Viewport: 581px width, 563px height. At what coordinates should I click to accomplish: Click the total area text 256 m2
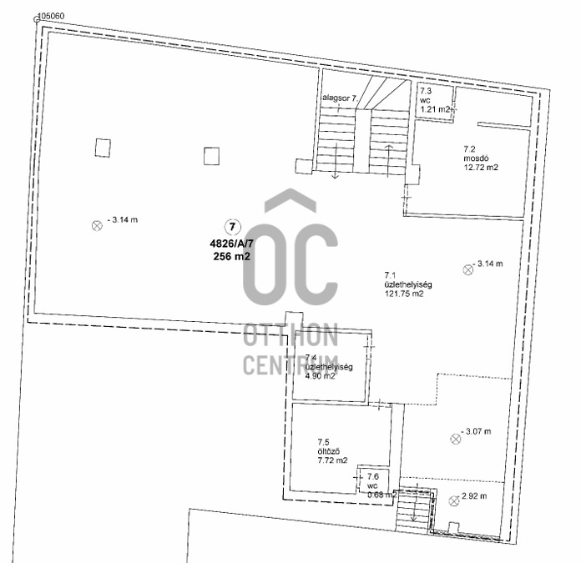click(x=231, y=257)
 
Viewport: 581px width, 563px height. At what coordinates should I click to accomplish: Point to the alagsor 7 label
click(x=341, y=98)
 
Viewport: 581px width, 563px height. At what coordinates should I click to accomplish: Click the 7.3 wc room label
click(x=434, y=99)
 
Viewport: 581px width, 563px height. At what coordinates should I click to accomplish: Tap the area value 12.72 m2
click(x=480, y=167)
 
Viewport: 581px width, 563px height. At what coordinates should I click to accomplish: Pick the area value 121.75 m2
click(x=404, y=294)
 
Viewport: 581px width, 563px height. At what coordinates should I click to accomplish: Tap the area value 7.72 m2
click(x=331, y=460)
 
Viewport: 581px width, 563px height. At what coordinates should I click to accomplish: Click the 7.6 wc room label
click(x=374, y=484)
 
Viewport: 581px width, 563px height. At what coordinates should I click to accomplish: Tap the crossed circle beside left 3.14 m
click(x=96, y=224)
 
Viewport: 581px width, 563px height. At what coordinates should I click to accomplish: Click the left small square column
click(x=102, y=148)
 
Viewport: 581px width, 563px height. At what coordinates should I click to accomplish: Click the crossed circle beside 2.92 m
click(x=454, y=500)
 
